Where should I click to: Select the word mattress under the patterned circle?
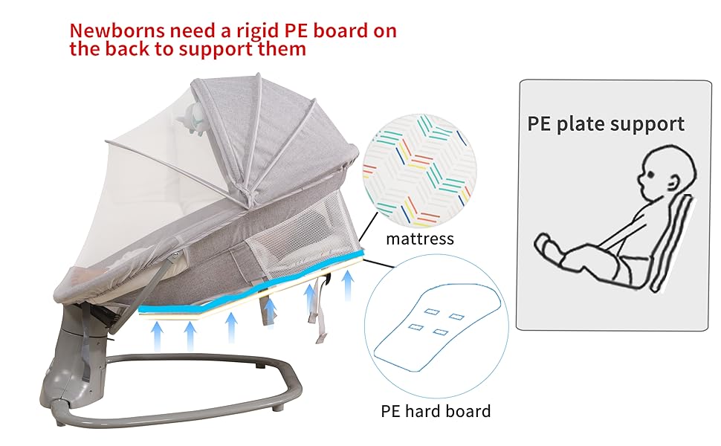pos(419,239)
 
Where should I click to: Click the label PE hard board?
pos(436,411)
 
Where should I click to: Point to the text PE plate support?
pos(606,123)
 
